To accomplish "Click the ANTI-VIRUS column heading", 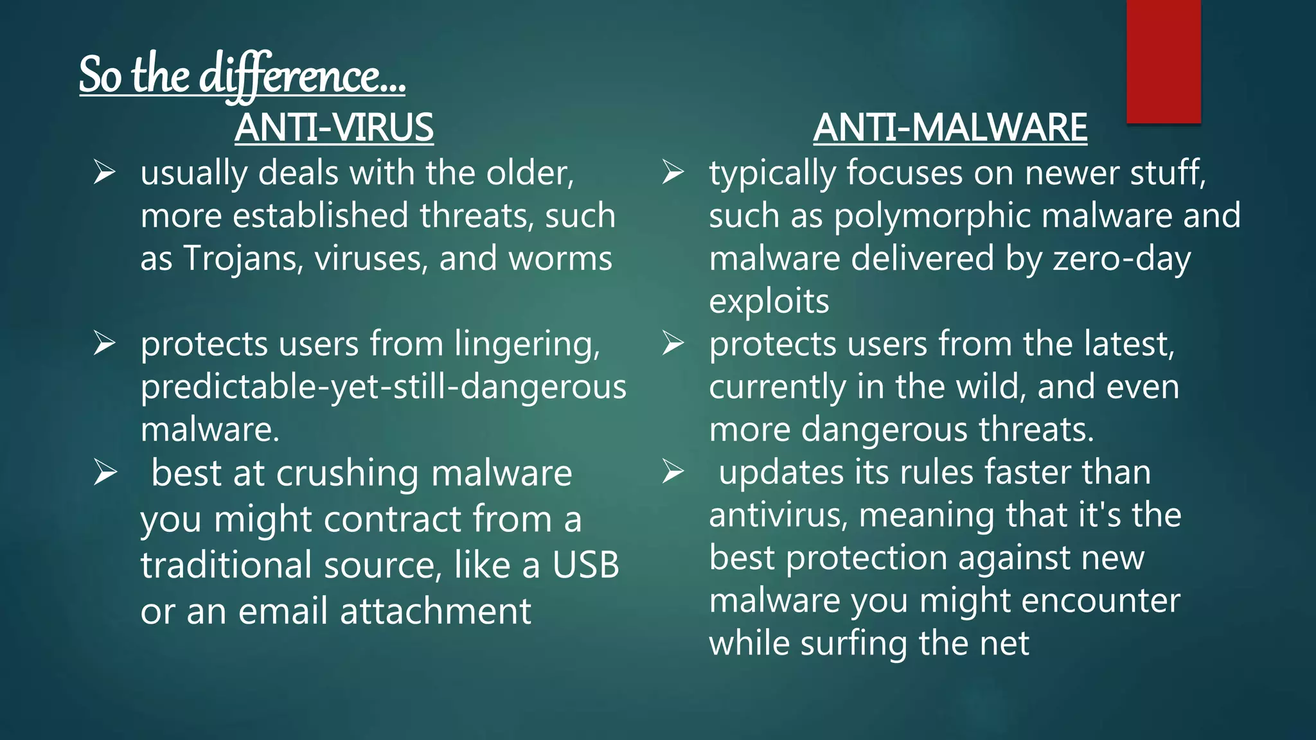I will point(333,127).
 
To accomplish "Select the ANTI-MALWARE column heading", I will point(950,127).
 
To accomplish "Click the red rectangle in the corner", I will point(1163,61).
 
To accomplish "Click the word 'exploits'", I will point(769,301).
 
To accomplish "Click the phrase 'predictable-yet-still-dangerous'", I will point(384,387).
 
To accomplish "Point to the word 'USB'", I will point(585,565).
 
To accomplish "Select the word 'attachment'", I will point(435,611).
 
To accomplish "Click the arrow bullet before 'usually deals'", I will point(104,173).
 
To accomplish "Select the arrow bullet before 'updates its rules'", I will point(673,472).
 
